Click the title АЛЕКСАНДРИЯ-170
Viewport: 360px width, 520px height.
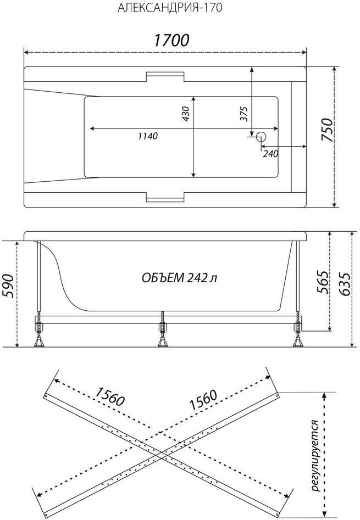click(170, 8)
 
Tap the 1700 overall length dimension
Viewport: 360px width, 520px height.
click(171, 40)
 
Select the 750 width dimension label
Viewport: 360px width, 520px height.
click(326, 130)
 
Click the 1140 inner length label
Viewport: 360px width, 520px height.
click(148, 136)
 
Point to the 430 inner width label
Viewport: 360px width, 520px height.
click(186, 114)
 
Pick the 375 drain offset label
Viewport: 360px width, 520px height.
click(244, 114)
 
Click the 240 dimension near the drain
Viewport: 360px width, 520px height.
click(270, 154)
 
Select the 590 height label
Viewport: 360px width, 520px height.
click(9, 286)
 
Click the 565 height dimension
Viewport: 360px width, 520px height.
click(322, 283)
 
